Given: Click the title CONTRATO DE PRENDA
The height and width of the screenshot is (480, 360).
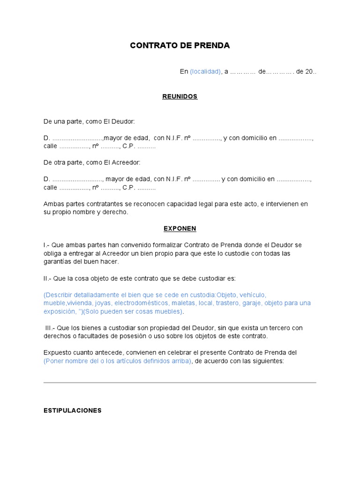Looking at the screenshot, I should (180, 45).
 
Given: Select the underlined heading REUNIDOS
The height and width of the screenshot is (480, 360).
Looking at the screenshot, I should (180, 97).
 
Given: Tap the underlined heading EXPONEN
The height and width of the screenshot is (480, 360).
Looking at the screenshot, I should (180, 229).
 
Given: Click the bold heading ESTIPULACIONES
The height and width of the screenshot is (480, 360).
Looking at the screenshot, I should (73, 410).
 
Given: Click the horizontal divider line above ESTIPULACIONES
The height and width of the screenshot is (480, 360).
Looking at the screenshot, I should (180, 382).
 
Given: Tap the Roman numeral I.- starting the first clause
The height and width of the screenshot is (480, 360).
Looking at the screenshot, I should (46, 245).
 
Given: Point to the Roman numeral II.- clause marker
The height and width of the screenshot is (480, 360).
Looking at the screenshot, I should (47, 278).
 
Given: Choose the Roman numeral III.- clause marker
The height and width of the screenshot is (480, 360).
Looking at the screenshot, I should (51, 328).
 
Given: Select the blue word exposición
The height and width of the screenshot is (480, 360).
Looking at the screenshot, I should (59, 311).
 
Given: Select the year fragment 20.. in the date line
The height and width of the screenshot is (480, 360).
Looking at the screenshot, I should (311, 72).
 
